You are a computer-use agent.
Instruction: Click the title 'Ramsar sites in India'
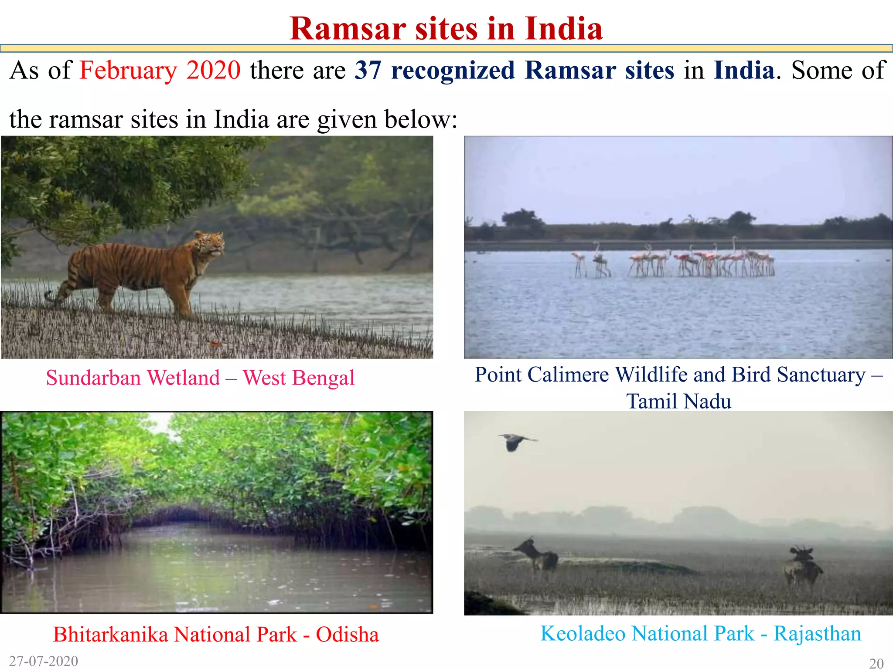[x=446, y=29]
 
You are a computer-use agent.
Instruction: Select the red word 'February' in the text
[x=128, y=71]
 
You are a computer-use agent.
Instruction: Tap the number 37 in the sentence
[x=368, y=71]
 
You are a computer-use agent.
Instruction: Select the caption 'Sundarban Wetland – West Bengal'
[x=200, y=378]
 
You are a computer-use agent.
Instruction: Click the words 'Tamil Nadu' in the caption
[x=678, y=401]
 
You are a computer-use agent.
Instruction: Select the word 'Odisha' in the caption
[x=348, y=635]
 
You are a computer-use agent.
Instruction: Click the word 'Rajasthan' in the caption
[x=817, y=634]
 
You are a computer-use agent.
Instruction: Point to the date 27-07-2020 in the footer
[x=44, y=661]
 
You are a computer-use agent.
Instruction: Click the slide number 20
[x=876, y=663]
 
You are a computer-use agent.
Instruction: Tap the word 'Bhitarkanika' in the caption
[x=110, y=635]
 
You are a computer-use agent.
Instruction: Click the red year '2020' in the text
[x=213, y=71]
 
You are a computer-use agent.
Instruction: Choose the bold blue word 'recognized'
[x=453, y=71]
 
